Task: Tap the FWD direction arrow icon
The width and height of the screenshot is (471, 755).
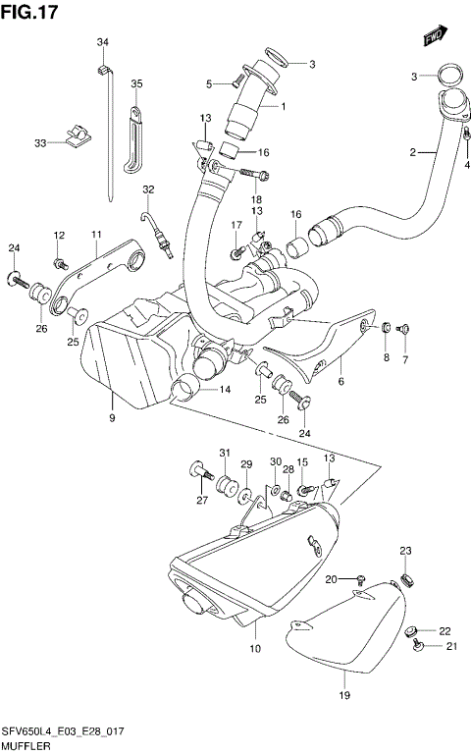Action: [x=434, y=37]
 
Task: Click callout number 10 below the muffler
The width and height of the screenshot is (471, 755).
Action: [x=255, y=649]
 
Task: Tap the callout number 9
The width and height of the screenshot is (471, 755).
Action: [x=113, y=419]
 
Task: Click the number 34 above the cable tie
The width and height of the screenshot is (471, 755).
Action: [x=102, y=41]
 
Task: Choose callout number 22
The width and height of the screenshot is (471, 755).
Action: [x=445, y=630]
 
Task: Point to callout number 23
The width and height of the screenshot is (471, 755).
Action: [x=406, y=550]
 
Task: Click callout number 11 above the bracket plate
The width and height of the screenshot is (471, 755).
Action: [x=97, y=234]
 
